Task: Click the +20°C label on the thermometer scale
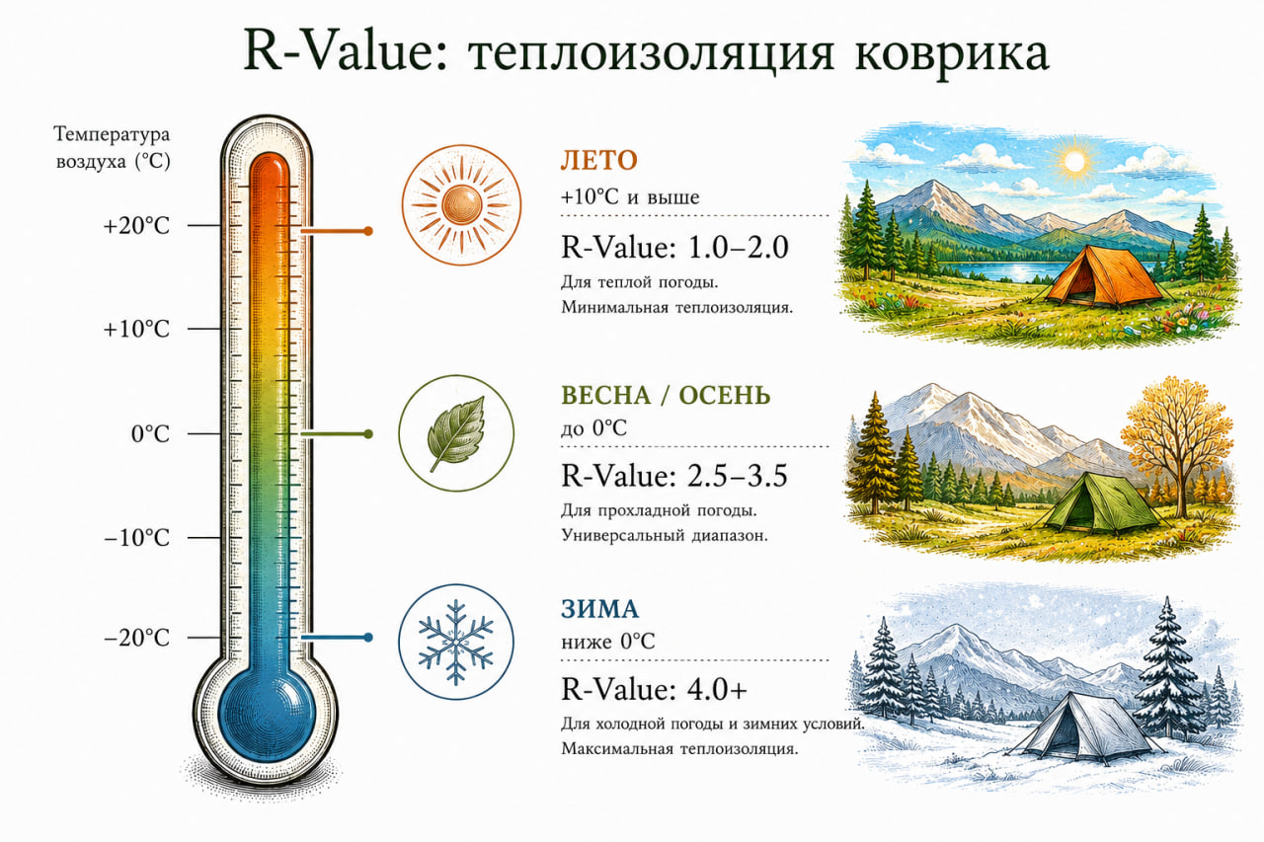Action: click(x=136, y=226)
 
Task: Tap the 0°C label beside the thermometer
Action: click(x=150, y=434)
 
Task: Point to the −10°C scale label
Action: click(x=136, y=538)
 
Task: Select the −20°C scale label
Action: click(x=136, y=638)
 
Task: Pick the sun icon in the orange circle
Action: click(x=461, y=204)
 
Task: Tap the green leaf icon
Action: click(x=457, y=433)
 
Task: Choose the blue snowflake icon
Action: click(x=456, y=643)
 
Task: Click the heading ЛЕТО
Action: click(x=598, y=161)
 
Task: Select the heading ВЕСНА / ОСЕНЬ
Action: click(x=666, y=396)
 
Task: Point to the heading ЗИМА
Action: click(x=599, y=609)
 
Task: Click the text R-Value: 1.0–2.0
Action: click(x=674, y=248)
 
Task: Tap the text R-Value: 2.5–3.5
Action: click(x=674, y=476)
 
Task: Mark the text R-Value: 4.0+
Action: click(x=654, y=689)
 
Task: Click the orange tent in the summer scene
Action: click(x=1104, y=276)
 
